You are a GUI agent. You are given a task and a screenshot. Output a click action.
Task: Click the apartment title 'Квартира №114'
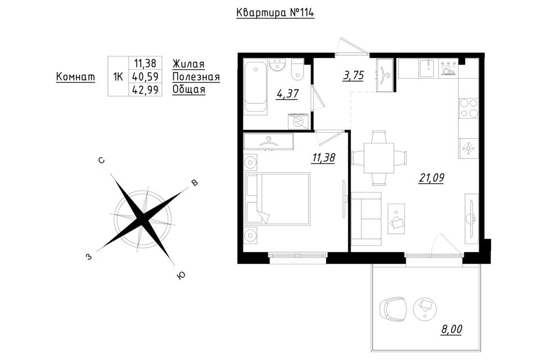(275, 13)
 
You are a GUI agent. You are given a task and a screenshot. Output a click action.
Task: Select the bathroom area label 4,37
(287, 94)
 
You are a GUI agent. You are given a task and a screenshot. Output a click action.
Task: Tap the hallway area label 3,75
(353, 75)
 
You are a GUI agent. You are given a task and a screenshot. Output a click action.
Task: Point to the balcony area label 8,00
(452, 329)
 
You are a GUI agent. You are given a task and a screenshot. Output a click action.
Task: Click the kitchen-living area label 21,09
(431, 178)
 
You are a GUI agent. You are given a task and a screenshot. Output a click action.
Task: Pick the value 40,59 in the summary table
(146, 76)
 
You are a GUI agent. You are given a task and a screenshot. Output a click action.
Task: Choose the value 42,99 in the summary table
(146, 89)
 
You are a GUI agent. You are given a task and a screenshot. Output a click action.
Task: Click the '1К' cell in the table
(118, 76)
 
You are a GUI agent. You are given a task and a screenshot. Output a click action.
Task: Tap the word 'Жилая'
(188, 64)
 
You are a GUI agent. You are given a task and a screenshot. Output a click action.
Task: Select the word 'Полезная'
(196, 76)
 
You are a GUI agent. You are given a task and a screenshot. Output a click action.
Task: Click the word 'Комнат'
(75, 76)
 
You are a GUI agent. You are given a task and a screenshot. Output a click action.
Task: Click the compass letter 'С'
(101, 160)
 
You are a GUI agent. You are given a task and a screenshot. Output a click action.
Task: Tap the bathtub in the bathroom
(255, 85)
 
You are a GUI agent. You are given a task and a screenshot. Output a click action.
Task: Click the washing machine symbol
(298, 121)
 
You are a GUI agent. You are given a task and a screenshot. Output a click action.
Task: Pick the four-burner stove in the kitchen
(469, 108)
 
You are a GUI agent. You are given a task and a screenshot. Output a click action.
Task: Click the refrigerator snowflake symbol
(468, 148)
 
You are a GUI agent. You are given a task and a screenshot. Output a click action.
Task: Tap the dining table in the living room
(379, 158)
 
